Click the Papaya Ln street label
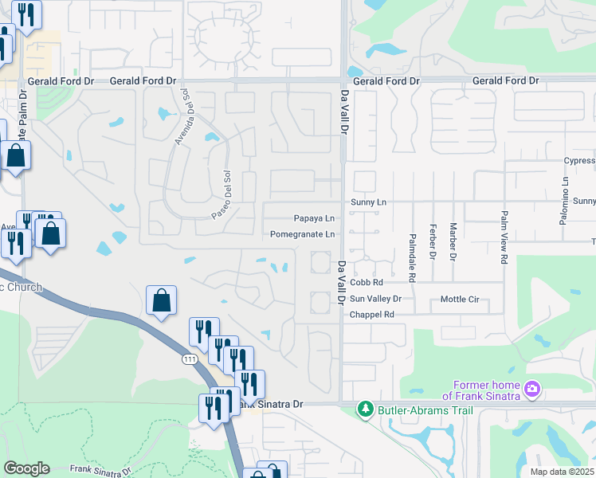[313, 218]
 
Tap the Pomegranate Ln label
[302, 234]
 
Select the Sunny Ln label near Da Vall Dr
[367, 202]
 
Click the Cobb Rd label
[367, 282]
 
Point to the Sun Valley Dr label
[375, 299]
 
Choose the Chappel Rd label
[372, 315]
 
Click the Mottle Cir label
[460, 300]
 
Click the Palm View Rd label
[504, 238]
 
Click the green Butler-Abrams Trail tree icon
[365, 409]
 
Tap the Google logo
[26, 468]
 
